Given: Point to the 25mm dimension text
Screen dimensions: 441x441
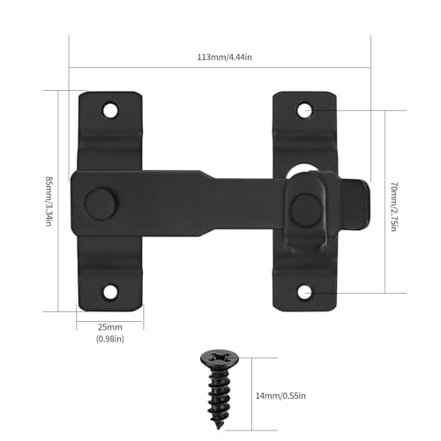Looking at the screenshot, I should click(110, 326).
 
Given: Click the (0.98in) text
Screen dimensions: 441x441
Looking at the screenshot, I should click(110, 339).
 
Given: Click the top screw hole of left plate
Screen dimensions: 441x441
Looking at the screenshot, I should click(110, 110).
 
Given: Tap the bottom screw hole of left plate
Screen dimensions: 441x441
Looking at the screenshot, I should click(110, 291).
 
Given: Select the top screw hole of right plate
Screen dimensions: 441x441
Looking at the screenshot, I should click(304, 110).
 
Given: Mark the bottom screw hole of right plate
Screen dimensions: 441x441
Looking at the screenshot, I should click(304, 291).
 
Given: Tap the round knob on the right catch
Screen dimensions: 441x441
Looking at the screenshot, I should click(305, 208).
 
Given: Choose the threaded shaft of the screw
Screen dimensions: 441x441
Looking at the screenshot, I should click(220, 381).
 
